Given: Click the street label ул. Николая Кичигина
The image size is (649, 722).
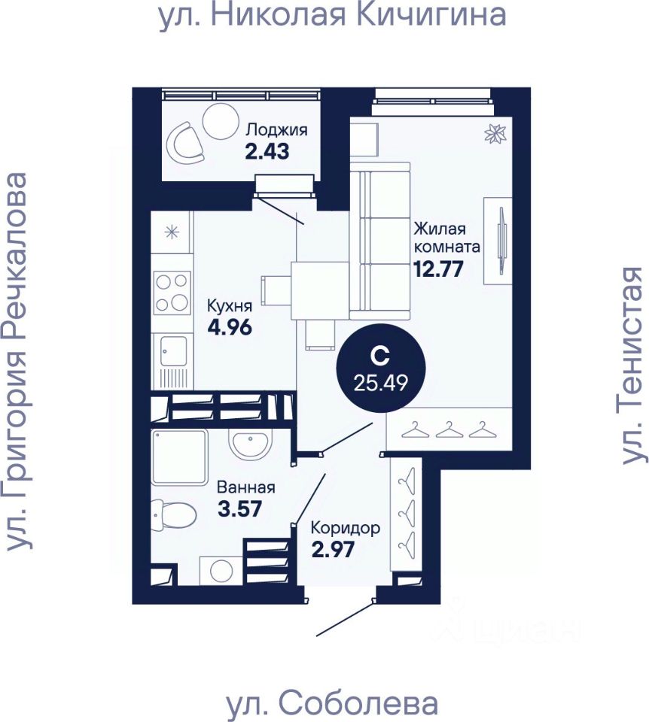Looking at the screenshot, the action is coord(331,16).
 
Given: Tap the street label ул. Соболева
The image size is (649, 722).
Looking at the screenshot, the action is coord(332,705).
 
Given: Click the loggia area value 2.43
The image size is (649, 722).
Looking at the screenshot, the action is coord(267,151).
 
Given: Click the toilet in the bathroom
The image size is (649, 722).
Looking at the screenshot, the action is coord(174,515).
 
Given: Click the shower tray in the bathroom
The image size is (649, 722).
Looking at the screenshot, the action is coord(179,458).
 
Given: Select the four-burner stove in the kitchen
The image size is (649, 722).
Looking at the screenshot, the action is coord(171,293).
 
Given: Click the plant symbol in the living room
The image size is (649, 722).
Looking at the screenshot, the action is coord(496,134).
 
